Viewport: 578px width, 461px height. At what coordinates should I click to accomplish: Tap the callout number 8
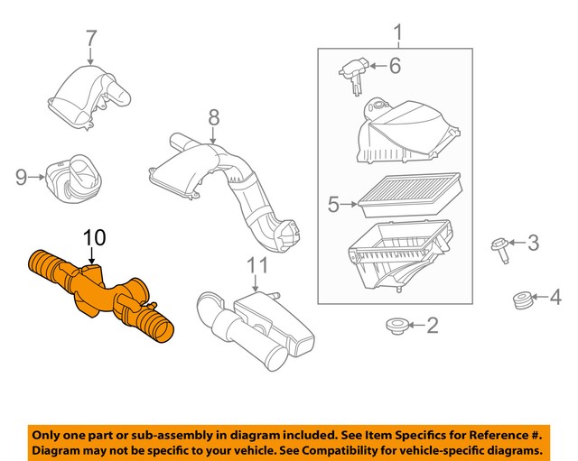(x=213, y=117)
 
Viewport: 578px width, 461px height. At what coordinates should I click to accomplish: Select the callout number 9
(x=22, y=178)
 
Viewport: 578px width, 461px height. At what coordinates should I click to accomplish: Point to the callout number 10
(x=95, y=238)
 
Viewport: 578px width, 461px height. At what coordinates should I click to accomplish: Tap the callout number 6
(x=394, y=65)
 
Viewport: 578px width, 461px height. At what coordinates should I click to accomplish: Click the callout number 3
(x=533, y=242)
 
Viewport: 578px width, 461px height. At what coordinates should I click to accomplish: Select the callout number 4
(x=555, y=296)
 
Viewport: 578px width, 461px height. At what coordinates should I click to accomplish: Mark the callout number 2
(x=432, y=325)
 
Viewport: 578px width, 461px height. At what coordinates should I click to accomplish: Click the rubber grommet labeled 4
(x=519, y=298)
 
